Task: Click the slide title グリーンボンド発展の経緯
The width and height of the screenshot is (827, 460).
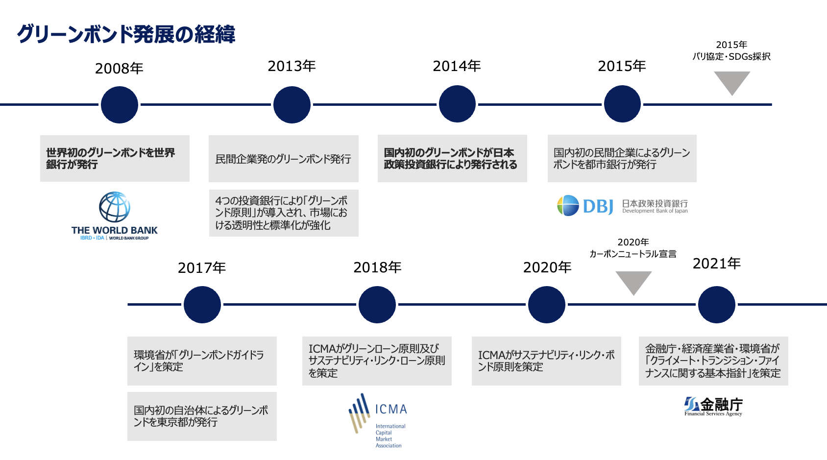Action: [126, 34]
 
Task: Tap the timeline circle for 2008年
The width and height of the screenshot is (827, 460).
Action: [119, 105]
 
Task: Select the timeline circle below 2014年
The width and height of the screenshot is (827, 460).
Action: [457, 104]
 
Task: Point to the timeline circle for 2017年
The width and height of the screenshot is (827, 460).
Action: [202, 305]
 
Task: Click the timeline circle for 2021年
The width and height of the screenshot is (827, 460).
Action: [716, 305]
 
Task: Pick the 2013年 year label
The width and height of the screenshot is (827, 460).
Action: [292, 66]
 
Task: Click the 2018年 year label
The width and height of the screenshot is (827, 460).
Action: [377, 267]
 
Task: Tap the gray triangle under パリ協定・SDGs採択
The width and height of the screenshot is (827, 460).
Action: [732, 82]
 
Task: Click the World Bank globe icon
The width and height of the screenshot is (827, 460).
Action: [115, 207]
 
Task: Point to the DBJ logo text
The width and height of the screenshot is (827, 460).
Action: [598, 206]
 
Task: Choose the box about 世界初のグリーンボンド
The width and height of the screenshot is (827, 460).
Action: [115, 158]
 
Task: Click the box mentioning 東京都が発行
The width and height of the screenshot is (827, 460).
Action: [202, 416]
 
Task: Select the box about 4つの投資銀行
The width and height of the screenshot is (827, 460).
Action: [284, 213]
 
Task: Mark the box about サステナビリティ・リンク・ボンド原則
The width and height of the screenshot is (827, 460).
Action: [546, 361]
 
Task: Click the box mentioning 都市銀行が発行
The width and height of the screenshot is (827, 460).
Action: [622, 159]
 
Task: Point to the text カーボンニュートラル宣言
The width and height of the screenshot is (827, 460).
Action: [633, 254]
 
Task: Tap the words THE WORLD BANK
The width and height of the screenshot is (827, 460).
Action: [114, 230]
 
